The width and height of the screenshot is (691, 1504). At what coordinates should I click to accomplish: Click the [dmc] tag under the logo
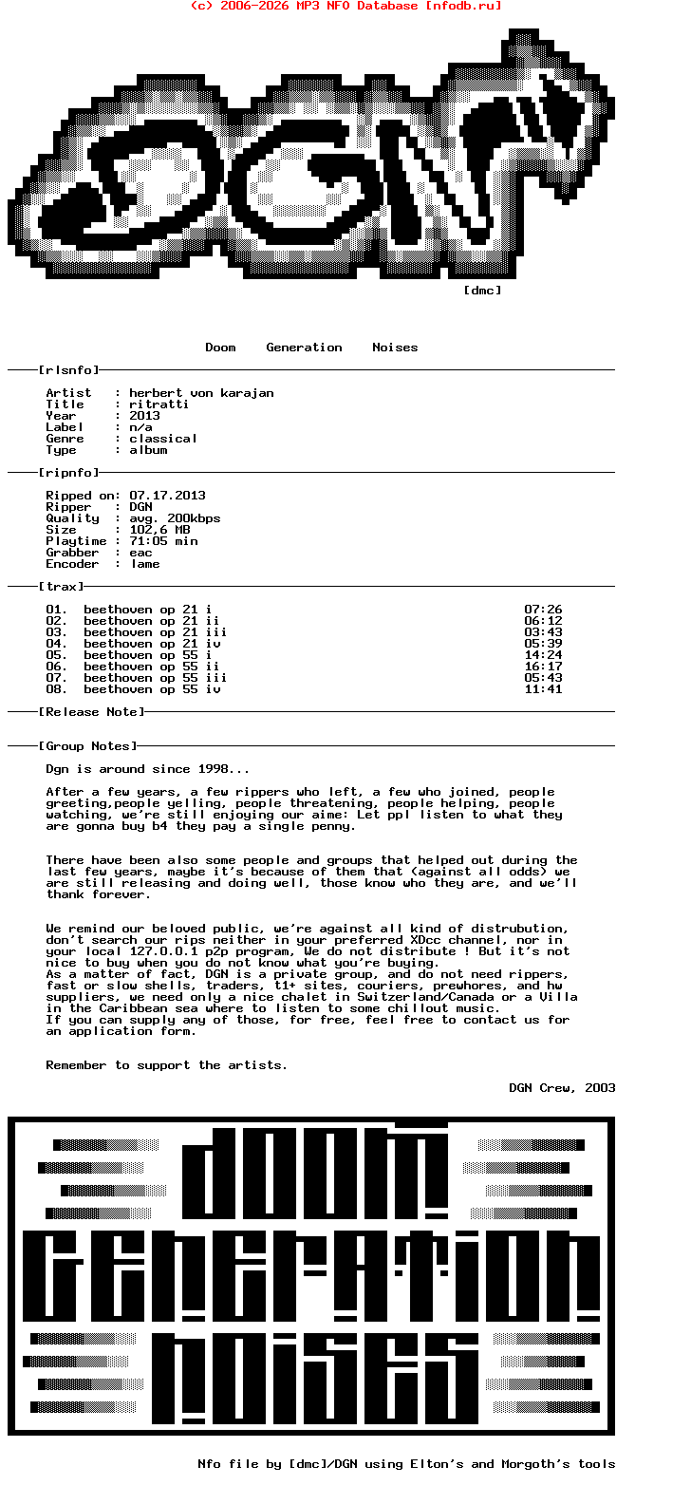[x=482, y=291]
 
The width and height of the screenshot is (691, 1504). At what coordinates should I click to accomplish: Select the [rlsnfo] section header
[x=68, y=370]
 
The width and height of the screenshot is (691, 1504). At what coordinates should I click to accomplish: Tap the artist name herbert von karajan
[x=201, y=393]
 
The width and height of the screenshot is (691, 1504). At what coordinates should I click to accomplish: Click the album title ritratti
[x=159, y=404]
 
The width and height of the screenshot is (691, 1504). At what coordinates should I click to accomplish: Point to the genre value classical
[x=163, y=439]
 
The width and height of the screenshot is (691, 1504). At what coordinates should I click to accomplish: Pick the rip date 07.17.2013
[x=167, y=496]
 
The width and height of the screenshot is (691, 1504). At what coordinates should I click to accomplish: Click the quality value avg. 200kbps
[x=175, y=518]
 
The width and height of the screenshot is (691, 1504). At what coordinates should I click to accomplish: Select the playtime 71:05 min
[x=163, y=541]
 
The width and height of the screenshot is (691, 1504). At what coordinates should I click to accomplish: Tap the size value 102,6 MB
[x=159, y=530]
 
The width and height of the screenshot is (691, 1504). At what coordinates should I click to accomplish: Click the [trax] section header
[x=61, y=587]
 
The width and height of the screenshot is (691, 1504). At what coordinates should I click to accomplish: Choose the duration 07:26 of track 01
[x=543, y=610]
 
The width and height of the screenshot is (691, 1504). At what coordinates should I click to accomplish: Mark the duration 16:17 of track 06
[x=543, y=667]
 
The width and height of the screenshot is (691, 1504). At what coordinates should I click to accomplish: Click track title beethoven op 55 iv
[x=152, y=689]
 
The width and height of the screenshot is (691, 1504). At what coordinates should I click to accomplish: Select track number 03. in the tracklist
[x=57, y=632]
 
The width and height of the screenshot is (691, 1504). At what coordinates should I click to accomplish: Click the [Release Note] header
[x=91, y=712]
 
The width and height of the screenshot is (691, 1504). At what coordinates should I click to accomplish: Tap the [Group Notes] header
[x=87, y=746]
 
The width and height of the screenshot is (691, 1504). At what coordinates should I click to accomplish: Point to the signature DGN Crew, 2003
[x=562, y=1088]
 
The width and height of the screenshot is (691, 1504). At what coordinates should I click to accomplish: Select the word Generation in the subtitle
[x=304, y=348]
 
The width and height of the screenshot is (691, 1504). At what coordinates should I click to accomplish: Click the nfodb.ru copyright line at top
[x=345, y=6]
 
